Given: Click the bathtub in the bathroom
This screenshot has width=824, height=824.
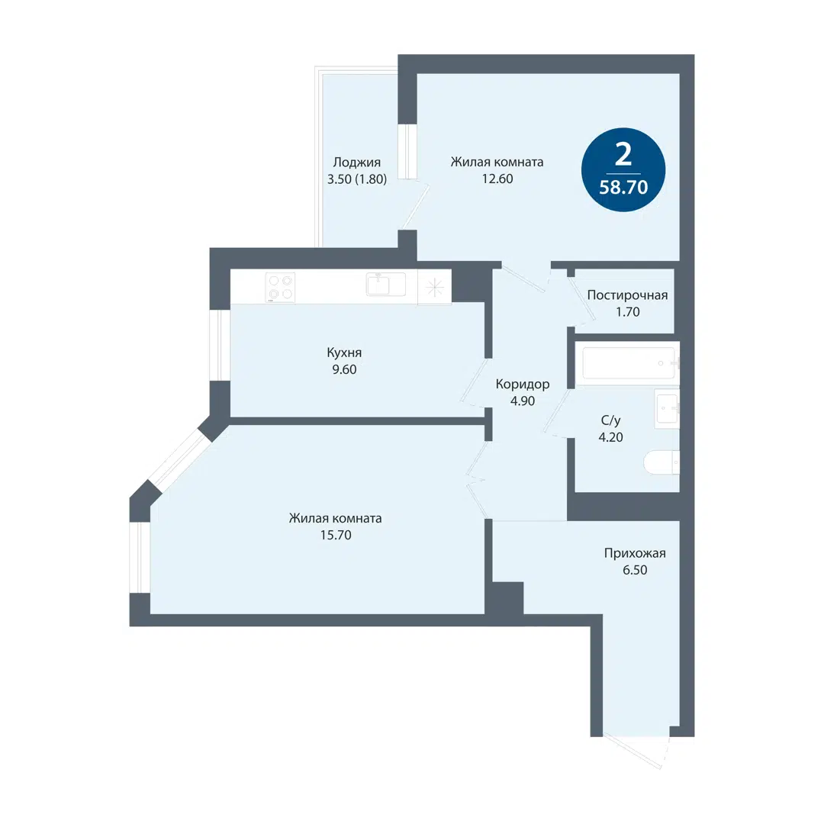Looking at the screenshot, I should pyautogui.click(x=629, y=363).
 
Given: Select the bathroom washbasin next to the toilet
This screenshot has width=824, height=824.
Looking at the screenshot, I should pyautogui.click(x=666, y=408).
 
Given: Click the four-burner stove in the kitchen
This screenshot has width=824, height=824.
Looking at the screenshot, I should pyautogui.click(x=280, y=288).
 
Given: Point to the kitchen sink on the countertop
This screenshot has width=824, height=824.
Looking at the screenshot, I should pyautogui.click(x=378, y=285).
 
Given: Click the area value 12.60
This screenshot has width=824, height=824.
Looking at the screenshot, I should pyautogui.click(x=497, y=180).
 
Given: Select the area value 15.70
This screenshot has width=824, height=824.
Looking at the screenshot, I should pyautogui.click(x=335, y=535).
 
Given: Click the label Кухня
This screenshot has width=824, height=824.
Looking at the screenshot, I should pyautogui.click(x=343, y=352).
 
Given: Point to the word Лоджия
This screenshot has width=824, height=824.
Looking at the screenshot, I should pyautogui.click(x=356, y=162).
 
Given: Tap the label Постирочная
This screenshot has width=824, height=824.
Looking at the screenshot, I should pyautogui.click(x=627, y=295).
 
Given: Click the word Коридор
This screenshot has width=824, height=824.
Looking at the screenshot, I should pyautogui.click(x=522, y=384).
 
